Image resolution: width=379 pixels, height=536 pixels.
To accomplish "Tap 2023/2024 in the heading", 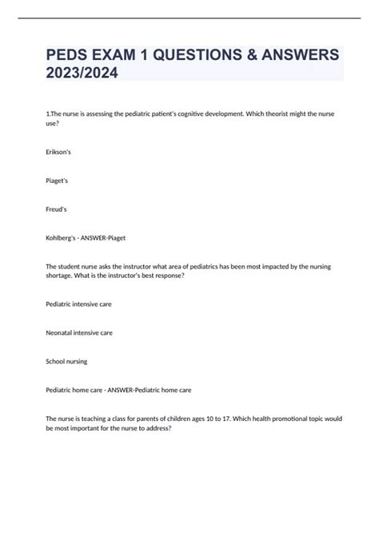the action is click(x=82, y=73).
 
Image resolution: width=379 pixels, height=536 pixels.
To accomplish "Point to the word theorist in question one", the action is click(x=268, y=114).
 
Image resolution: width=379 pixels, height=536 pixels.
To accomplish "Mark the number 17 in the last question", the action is click(x=215, y=418).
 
